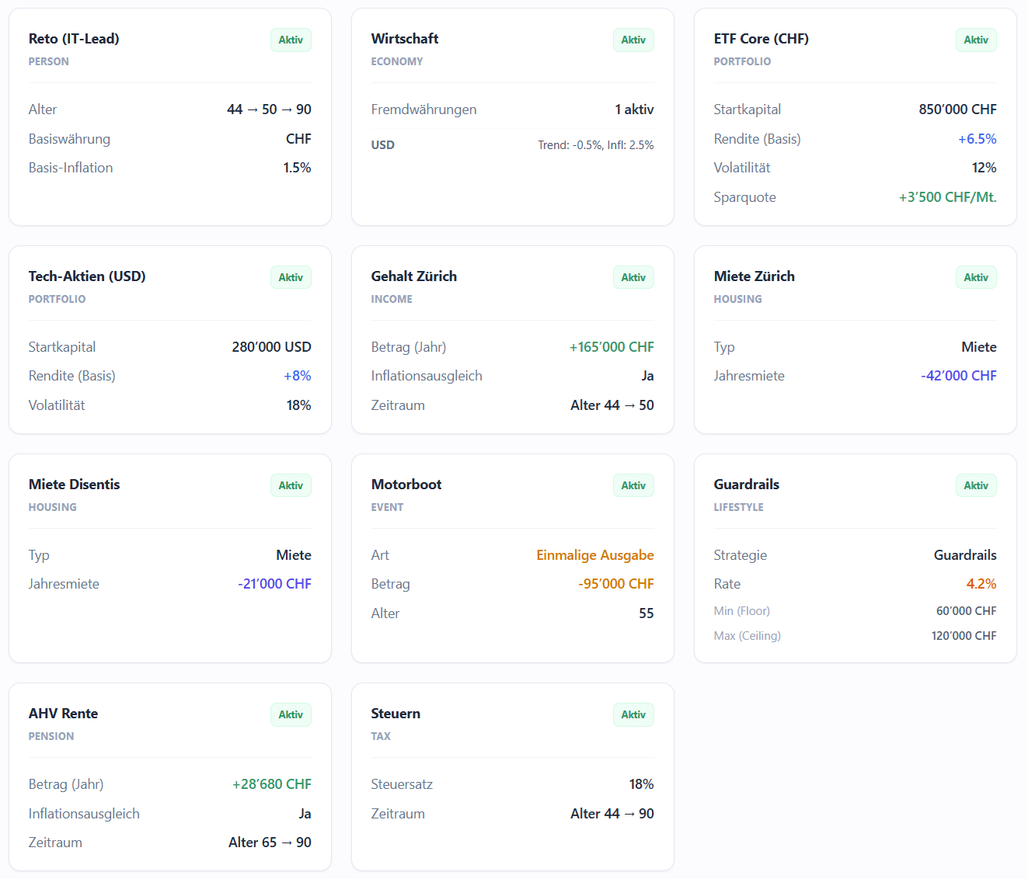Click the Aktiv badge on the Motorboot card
(633, 485)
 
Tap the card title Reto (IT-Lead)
(74, 39)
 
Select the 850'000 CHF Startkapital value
(957, 109)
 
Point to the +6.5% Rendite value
(977, 139)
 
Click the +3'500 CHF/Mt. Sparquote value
(947, 197)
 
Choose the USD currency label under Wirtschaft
(382, 145)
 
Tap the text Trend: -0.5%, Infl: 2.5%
(595, 145)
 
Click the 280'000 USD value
(271, 347)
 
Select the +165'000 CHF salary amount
(612, 347)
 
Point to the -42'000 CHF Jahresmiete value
(958, 376)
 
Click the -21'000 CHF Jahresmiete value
(274, 584)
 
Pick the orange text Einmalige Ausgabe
(595, 555)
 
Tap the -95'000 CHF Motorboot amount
(615, 584)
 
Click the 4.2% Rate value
(981, 584)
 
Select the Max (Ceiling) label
(747, 635)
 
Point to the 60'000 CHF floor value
(966, 610)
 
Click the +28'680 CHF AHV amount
(271, 784)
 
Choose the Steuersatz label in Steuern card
(402, 784)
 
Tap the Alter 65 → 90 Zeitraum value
(270, 843)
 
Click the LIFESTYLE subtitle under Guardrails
(738, 507)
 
